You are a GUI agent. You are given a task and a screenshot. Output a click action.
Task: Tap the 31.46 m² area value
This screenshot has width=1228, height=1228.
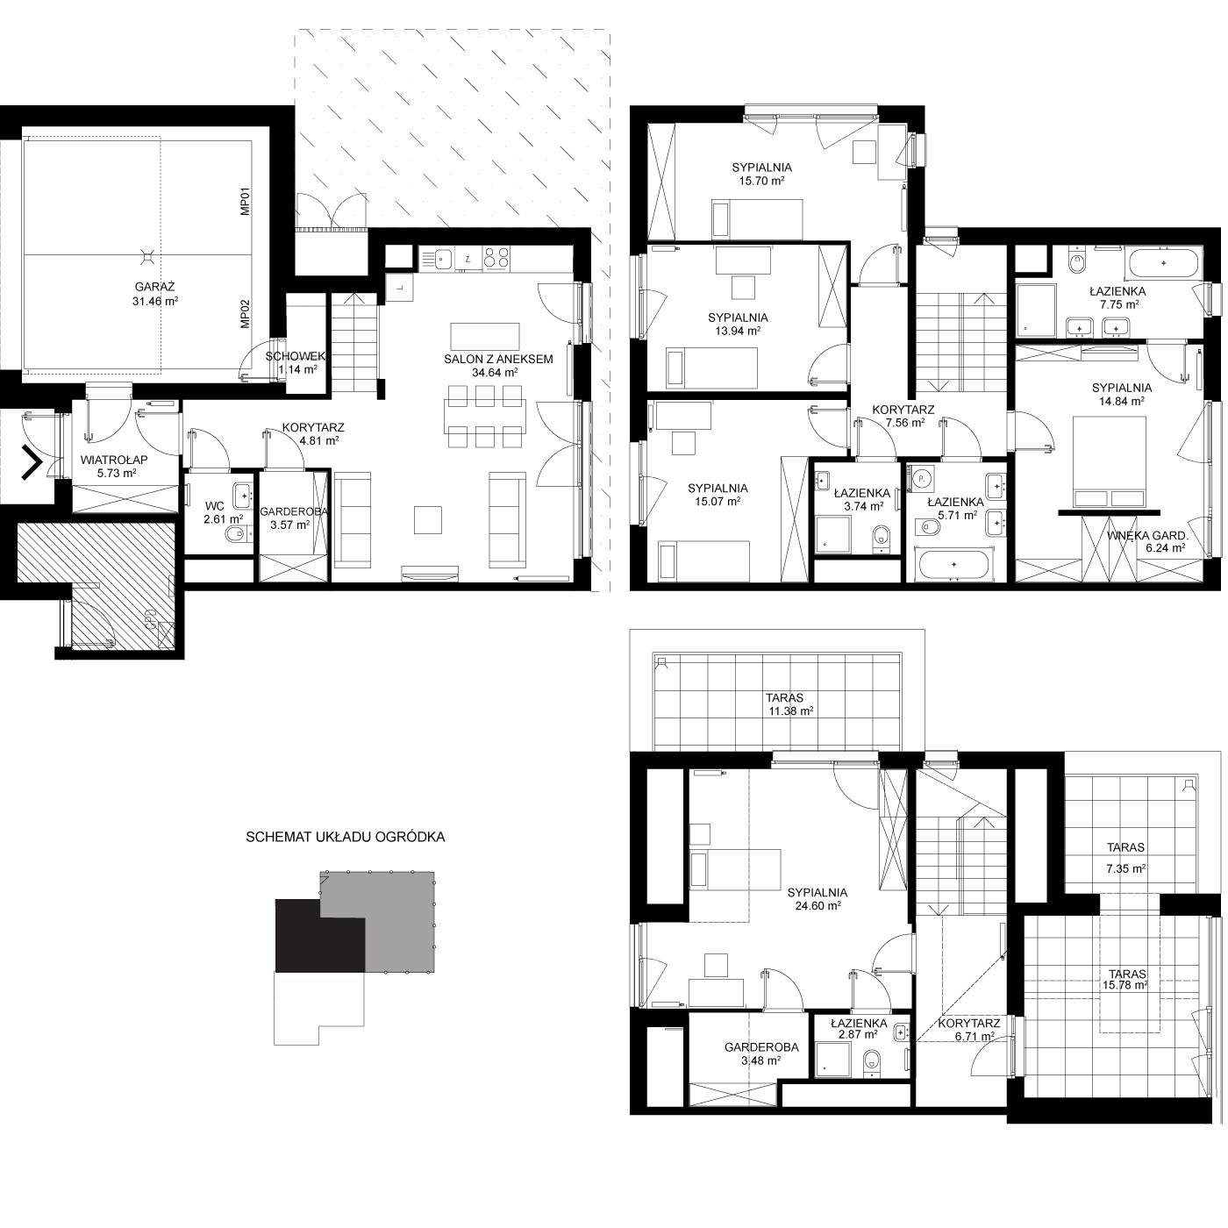[x=154, y=302]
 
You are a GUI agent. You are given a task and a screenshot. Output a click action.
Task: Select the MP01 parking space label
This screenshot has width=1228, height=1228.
[x=246, y=202]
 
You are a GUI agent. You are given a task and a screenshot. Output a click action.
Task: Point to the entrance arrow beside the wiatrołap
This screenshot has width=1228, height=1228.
[x=32, y=462]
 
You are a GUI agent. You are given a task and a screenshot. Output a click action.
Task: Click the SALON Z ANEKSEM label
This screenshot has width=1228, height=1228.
[x=498, y=359]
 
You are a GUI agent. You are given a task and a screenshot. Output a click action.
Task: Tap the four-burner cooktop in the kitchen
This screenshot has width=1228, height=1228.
[x=496, y=257]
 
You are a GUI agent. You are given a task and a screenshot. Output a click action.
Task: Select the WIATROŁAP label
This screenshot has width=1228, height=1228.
[x=114, y=460]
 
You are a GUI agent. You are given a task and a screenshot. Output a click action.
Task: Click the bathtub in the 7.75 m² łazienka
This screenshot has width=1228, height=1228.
[x=1164, y=263]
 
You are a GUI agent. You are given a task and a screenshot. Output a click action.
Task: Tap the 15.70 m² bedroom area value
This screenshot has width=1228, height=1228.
[x=761, y=181]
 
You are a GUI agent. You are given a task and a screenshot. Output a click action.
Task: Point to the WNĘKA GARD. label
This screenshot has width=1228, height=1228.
[x=1147, y=536]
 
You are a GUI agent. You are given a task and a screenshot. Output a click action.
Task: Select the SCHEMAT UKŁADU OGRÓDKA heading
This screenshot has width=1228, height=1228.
[x=346, y=838]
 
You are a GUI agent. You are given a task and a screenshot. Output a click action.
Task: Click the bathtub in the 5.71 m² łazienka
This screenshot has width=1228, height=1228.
[x=954, y=565]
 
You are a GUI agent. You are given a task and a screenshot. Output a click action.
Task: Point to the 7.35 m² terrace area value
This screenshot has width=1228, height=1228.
[x=1126, y=867]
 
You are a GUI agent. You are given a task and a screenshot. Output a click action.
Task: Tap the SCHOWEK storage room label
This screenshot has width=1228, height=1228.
[x=296, y=356]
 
